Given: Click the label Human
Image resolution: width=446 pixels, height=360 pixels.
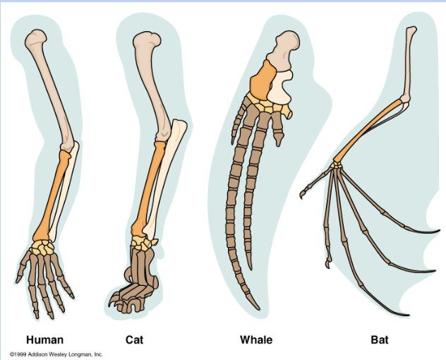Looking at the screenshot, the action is point(44,340).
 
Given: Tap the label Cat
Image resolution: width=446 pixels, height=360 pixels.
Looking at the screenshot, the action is point(134,340).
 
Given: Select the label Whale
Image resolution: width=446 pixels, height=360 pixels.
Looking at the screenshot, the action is point(256,340).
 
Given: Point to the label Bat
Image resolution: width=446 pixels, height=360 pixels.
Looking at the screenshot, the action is point(380,340).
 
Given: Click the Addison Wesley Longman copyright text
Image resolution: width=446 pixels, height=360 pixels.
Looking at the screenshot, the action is point(56,354).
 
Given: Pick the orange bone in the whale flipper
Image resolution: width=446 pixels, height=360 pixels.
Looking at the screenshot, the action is point(263,80).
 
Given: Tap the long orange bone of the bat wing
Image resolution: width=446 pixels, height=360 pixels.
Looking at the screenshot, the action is point(368,131).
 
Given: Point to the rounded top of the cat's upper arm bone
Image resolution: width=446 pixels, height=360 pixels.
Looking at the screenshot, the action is point(147,40).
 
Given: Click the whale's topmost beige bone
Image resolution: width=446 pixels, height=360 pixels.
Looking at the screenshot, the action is point(283,50).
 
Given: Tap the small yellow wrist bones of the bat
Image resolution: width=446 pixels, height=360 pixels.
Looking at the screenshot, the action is point(336,165).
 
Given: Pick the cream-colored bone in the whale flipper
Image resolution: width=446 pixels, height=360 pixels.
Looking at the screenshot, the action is point(280,88).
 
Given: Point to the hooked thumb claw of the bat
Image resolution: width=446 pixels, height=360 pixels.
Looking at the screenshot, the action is point(302,195).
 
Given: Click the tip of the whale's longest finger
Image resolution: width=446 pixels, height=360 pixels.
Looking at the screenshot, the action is point(258,309).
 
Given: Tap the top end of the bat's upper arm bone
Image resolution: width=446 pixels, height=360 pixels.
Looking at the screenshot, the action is point(411,28).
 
